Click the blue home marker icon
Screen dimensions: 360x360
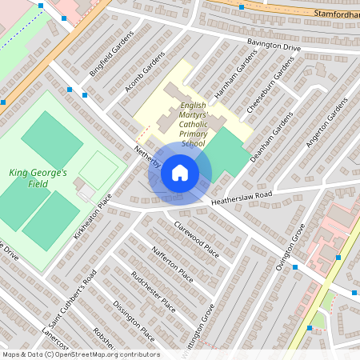[180, 173]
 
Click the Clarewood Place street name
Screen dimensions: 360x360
[196, 238]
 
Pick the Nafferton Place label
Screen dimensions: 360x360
[173, 264]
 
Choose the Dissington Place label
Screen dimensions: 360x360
[134, 319]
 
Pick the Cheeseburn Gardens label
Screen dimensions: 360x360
[266, 94]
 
